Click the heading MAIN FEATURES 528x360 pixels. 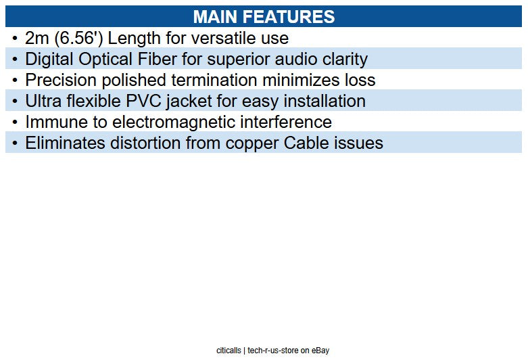click(x=264, y=17)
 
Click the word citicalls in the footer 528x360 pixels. click(x=229, y=351)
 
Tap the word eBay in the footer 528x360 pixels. click(x=320, y=351)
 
